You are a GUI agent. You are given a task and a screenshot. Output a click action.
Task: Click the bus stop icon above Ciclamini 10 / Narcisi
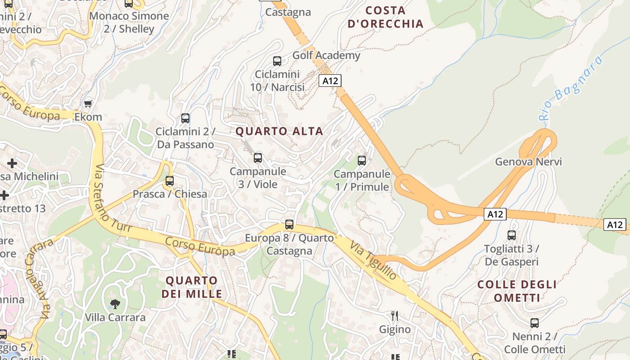[x=277, y=61]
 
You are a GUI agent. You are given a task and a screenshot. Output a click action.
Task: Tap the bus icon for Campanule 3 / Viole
[x=258, y=158]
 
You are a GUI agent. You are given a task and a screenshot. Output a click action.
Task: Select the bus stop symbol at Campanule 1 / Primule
[x=361, y=161]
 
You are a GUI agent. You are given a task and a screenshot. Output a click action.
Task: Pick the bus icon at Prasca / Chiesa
[x=170, y=181]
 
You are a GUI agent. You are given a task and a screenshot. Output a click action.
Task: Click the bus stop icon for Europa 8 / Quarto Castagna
[x=289, y=224]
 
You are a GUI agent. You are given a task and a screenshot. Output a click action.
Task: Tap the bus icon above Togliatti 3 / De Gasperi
[x=512, y=235]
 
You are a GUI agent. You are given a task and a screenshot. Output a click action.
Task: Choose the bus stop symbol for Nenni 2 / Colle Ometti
[x=535, y=323]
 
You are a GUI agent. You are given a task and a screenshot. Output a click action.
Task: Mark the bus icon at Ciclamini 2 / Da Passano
[x=185, y=118]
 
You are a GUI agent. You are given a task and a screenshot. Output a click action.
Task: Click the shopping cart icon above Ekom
[x=88, y=103]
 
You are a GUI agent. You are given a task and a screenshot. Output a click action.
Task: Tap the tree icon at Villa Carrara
[x=115, y=304]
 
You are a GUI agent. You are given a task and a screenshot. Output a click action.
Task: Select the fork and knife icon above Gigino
[x=395, y=315]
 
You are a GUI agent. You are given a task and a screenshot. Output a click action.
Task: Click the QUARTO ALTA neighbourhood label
[x=279, y=131]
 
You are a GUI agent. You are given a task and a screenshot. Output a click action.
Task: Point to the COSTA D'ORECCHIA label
[x=386, y=17]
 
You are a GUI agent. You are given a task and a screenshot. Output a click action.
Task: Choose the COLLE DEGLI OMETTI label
[x=517, y=291]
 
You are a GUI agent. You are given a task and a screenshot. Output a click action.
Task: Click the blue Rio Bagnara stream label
[x=570, y=88]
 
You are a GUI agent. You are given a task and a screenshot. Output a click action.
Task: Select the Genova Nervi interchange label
[x=528, y=162]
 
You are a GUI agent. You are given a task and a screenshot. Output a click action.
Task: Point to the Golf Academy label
[x=326, y=55]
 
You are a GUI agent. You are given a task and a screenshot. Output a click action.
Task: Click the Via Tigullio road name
[x=373, y=261]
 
